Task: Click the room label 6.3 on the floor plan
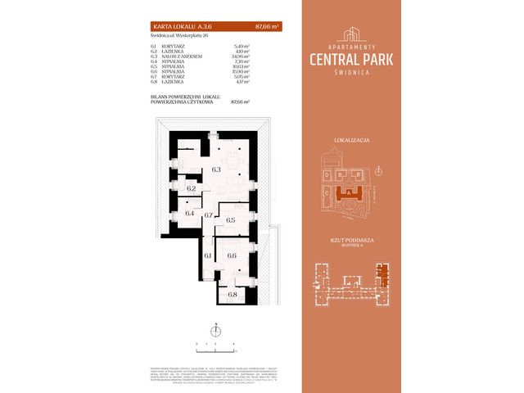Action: click(x=217, y=169)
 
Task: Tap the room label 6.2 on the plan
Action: click(x=191, y=188)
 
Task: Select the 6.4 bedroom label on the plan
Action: click(x=189, y=214)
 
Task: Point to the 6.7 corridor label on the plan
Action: click(x=209, y=215)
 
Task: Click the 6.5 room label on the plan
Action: click(x=231, y=220)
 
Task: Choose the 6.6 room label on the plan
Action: click(x=232, y=255)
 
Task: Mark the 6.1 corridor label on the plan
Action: click(x=207, y=255)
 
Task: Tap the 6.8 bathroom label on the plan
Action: click(x=232, y=294)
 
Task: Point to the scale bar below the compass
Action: click(x=215, y=343)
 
